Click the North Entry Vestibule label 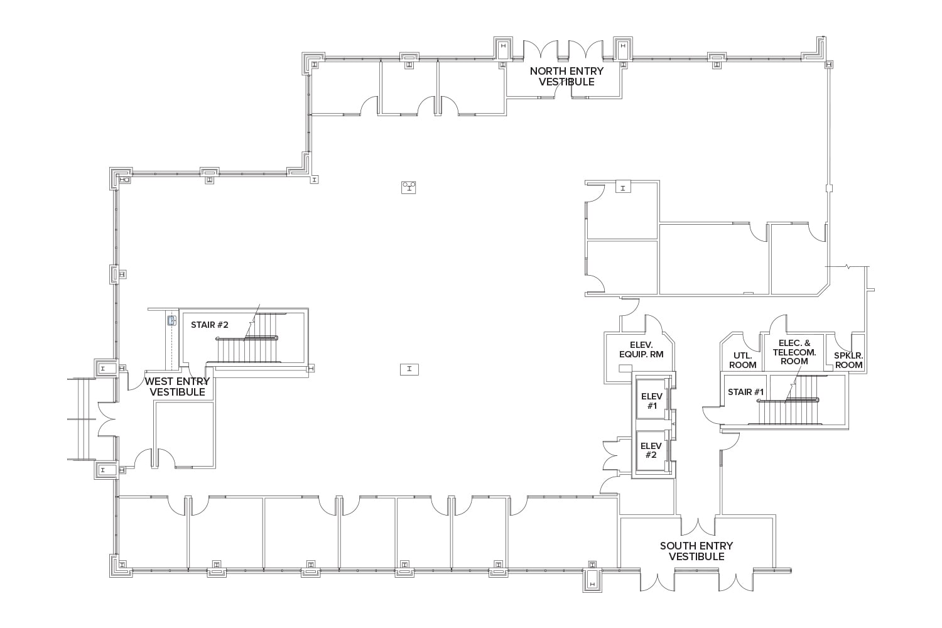click(566, 77)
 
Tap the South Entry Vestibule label click(696, 551)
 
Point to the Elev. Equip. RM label click(641, 350)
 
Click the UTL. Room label click(742, 360)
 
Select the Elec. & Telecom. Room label click(794, 352)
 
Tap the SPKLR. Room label click(848, 360)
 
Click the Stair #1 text click(745, 392)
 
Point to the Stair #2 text click(209, 325)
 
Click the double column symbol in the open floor click(410, 187)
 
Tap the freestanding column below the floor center click(409, 369)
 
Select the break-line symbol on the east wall click(848, 267)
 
